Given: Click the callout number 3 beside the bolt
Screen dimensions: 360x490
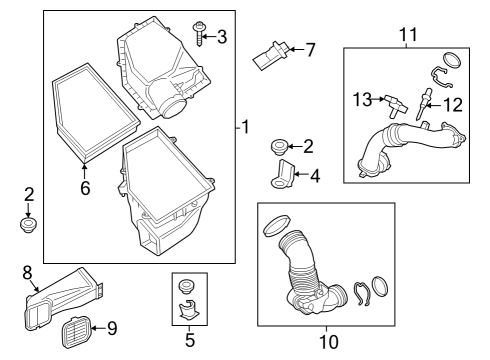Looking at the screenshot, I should click(222, 37).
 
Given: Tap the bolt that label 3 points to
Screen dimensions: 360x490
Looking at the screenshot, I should click(200, 35).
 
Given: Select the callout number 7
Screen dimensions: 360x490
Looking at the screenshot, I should click(310, 48).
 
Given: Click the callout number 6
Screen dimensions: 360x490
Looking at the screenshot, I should click(85, 186).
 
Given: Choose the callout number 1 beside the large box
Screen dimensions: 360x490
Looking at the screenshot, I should click(243, 128).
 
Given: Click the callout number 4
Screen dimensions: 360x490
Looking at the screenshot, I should click(315, 176).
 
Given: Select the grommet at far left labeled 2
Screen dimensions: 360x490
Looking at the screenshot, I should click(29, 225).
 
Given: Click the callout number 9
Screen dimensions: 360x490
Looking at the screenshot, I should click(111, 326).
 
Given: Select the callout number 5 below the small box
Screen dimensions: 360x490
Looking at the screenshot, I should click(189, 340).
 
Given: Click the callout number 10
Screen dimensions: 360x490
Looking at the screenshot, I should click(328, 343).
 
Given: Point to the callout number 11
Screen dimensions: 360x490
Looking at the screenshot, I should click(408, 34).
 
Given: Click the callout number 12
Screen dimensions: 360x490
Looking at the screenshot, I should click(453, 105).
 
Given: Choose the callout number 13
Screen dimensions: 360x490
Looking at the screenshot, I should click(362, 98).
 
